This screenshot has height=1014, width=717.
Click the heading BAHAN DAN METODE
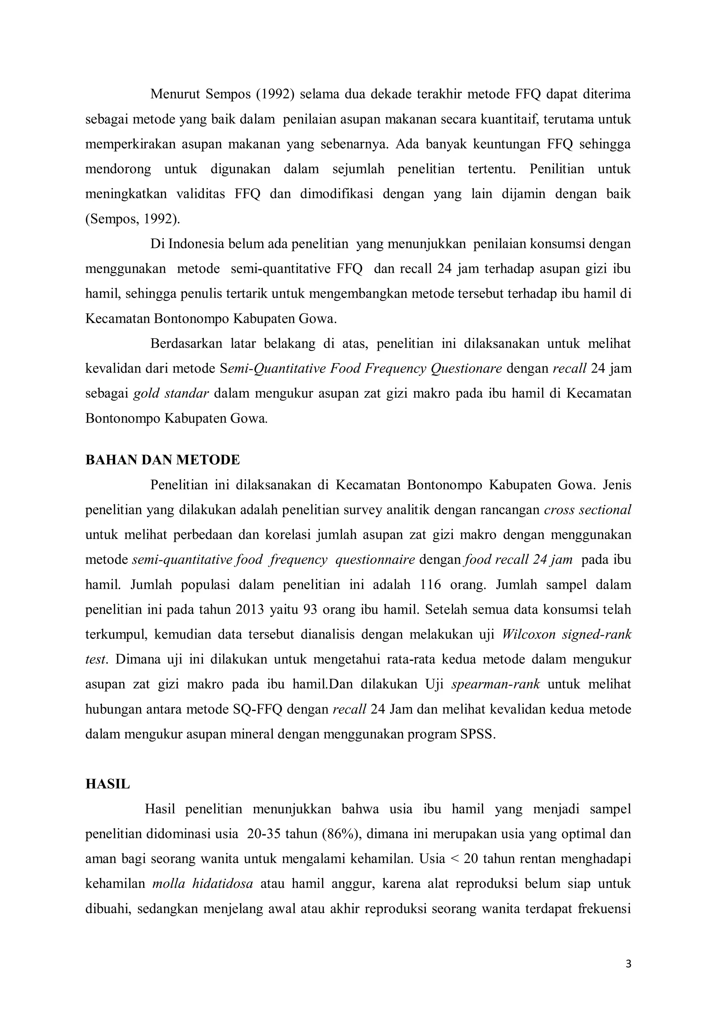pos(162,460)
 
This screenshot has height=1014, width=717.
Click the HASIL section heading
pos(108,784)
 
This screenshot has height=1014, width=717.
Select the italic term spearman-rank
pos(495,685)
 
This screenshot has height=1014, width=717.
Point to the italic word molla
pos(167,884)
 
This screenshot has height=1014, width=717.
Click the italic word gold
pos(146,394)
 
